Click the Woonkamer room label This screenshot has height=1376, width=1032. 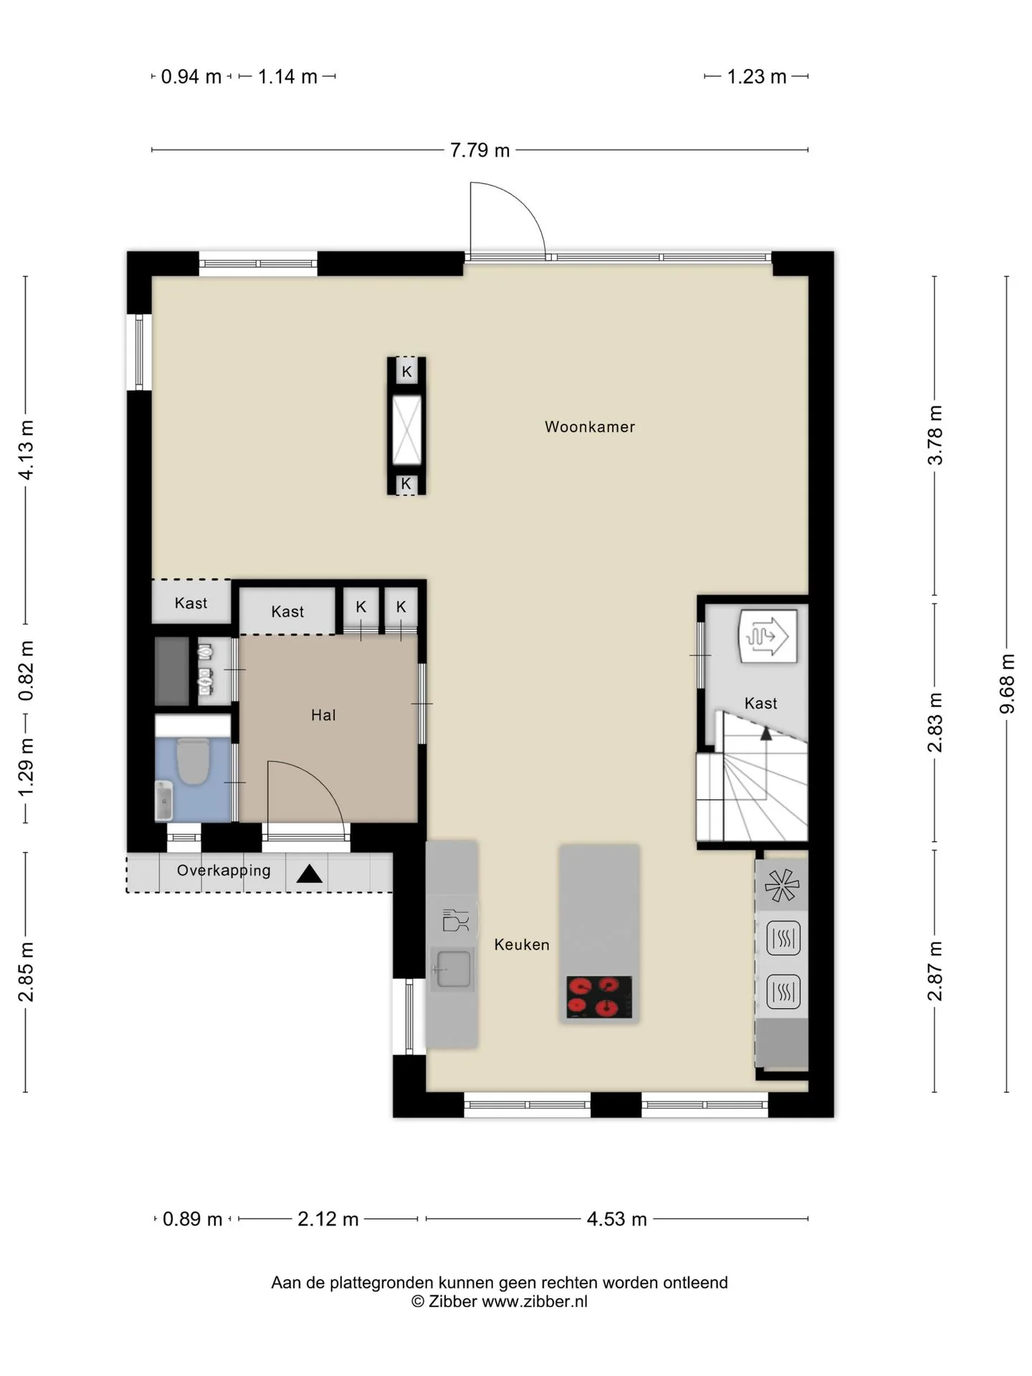pos(590,427)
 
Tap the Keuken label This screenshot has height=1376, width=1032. pos(522,945)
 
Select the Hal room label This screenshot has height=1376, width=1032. pos(323,715)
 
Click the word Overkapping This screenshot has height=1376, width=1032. pos(224,871)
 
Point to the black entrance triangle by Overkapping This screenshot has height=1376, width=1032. pos(310,874)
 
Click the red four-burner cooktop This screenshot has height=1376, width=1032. pos(599,997)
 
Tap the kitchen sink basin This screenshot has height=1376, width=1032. pos(454,969)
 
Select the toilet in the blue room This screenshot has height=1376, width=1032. pos(193,761)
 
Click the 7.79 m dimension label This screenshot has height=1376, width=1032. pos(480,150)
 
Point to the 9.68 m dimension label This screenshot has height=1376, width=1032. pos(1007,684)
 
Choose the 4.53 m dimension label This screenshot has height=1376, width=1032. pos(617,1219)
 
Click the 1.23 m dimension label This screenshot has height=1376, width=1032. pos(757,77)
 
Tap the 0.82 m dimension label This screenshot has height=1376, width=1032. pos(26,671)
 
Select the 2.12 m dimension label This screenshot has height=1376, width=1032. pos(328,1219)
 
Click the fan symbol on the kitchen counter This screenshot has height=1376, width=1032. pos(782,885)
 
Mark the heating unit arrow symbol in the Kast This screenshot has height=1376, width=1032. pos(768,636)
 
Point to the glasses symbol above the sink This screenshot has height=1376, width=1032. pos(454,919)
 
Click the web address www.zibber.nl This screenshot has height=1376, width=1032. pos(535,1301)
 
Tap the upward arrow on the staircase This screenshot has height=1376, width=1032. pos(766,733)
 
